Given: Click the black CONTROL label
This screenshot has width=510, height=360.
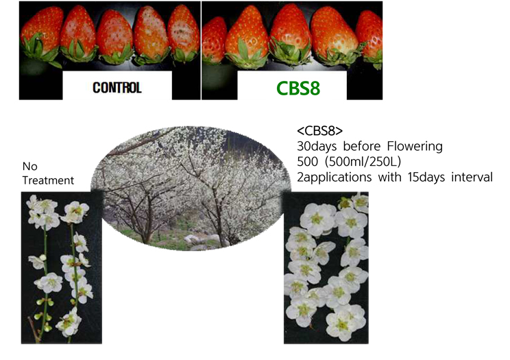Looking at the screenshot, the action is coord(117,88).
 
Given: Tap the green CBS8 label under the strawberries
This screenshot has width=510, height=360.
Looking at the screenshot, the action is coord(298,88).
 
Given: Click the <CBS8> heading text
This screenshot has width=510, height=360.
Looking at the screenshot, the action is coord(319,131).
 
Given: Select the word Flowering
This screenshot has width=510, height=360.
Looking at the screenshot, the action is coord(415,147).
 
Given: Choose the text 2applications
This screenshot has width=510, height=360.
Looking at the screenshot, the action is coord(334,178).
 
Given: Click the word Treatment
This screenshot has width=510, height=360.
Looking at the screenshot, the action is coord(48,180).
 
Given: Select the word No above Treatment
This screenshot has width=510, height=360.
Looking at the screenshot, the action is coord(30,167).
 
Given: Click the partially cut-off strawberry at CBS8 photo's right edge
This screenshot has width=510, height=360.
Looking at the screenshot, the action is coord(370,38).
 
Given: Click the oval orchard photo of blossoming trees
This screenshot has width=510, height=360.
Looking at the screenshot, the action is coord(191,188).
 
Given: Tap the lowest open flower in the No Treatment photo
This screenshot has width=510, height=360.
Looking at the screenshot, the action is coord(69,323).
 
